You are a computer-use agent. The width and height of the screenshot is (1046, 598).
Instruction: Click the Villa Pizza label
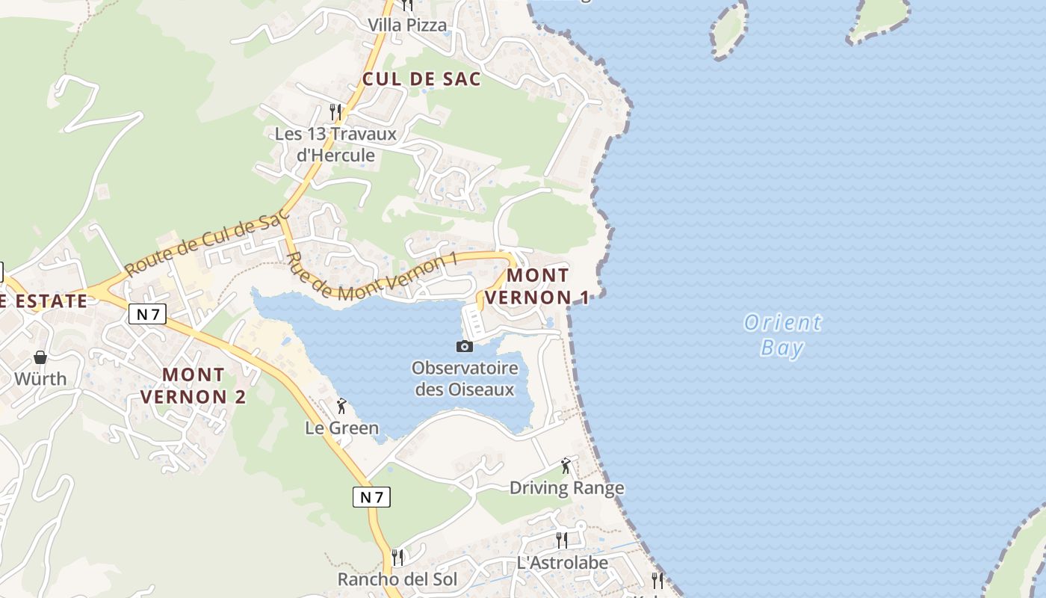coord(407,25)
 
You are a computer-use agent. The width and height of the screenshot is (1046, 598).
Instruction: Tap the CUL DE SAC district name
coord(421,78)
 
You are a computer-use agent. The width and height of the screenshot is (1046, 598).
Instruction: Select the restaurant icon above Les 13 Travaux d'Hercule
coord(335,112)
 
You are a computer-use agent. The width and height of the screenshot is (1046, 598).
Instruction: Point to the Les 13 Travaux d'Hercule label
coord(335,144)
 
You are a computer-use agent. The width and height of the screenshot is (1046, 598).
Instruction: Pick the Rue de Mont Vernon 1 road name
coord(371,279)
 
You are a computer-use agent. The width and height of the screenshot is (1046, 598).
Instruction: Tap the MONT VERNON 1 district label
coord(538,286)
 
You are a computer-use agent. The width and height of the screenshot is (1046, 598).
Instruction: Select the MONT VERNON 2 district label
coord(194,385)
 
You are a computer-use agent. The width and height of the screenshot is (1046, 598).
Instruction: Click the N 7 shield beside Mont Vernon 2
coord(147,314)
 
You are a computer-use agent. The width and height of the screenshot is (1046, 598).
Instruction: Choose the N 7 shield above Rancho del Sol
coord(371,496)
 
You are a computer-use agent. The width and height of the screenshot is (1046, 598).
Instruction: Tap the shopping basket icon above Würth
coord(40,357)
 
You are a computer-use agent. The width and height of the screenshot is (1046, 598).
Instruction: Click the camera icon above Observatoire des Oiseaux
coord(464,346)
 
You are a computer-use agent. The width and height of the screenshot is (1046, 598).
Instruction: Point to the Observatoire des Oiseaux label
coord(465,379)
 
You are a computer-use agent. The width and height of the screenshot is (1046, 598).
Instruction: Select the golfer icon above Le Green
coord(341,406)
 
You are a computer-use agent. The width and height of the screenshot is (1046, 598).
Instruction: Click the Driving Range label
coord(566,488)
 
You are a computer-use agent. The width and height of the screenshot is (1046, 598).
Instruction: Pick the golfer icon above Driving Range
coord(566,466)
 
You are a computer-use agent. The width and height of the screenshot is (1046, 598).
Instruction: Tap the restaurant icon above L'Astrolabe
coord(562,540)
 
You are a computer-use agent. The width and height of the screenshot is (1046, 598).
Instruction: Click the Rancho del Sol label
coord(397,579)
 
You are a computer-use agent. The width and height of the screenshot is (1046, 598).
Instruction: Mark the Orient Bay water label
coord(782,335)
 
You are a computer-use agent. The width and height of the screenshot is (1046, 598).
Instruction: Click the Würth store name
coord(40,378)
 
